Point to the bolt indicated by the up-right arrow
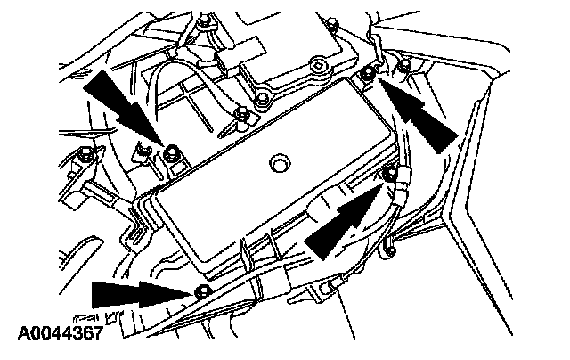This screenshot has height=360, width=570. (387, 172)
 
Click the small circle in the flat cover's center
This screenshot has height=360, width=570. (279, 163)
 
